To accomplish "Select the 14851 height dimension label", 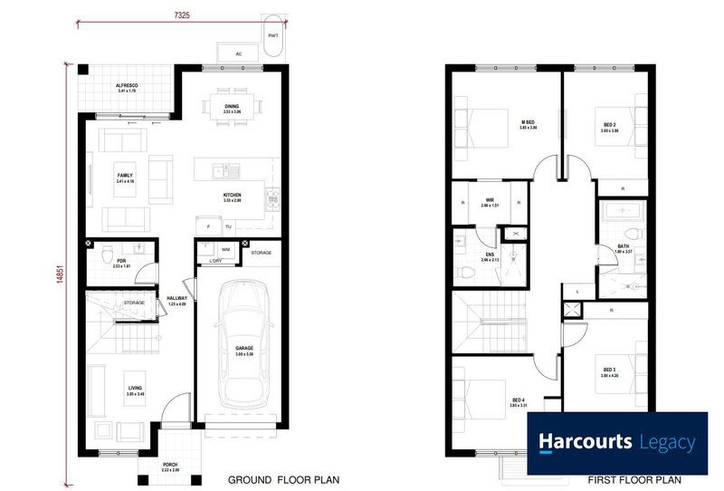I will (61, 268).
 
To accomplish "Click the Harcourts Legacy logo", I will (617, 443).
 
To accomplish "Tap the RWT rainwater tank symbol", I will (272, 34).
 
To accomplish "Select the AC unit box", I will (238, 53).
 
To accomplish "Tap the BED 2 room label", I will (609, 123).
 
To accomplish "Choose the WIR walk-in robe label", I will (489, 200).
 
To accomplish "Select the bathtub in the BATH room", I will (622, 214).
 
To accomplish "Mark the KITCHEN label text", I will (233, 195).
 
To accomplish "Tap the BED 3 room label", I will (608, 370).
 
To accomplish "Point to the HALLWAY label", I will (177, 299).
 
